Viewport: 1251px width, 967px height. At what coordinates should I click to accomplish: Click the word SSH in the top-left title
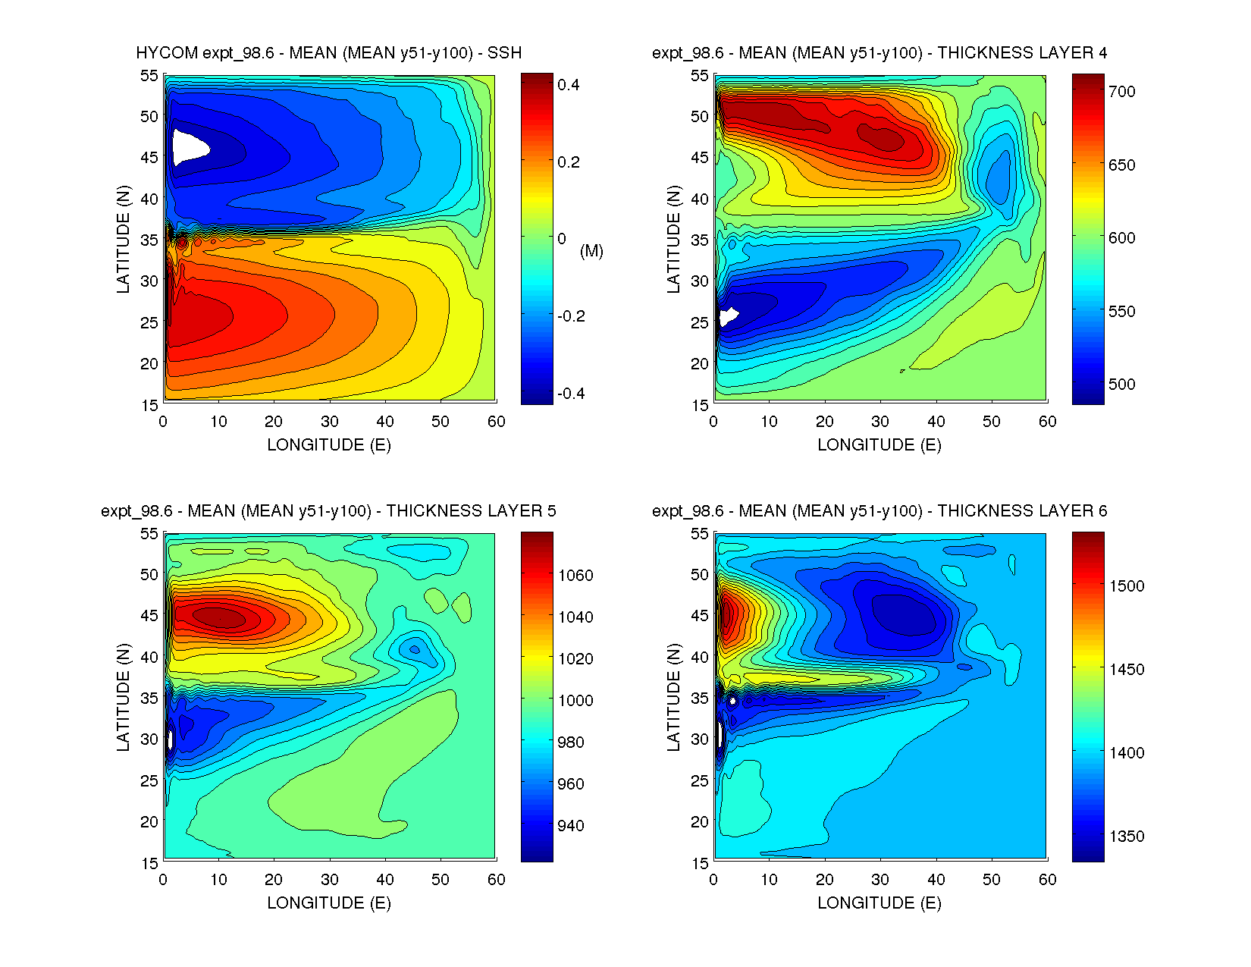[x=504, y=53]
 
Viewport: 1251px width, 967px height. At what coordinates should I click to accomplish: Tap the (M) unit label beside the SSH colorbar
[x=591, y=251]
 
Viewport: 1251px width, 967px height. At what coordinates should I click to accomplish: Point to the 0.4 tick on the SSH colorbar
[x=569, y=85]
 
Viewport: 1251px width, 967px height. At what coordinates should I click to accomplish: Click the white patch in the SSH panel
[x=188, y=146]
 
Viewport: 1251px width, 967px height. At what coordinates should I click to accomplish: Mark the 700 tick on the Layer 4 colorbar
[x=1121, y=92]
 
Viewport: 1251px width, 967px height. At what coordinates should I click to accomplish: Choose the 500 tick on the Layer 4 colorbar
[x=1121, y=385]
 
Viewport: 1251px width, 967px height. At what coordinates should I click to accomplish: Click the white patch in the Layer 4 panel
[x=729, y=316]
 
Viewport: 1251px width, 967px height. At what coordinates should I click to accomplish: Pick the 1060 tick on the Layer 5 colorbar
[x=575, y=576]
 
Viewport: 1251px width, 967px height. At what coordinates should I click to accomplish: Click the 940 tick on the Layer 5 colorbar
[x=571, y=826]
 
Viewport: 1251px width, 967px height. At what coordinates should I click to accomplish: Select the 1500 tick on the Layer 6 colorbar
[x=1126, y=586]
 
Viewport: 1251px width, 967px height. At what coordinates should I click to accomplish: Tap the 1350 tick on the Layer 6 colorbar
[x=1126, y=837]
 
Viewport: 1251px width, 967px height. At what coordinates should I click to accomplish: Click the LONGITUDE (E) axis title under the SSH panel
[x=329, y=445]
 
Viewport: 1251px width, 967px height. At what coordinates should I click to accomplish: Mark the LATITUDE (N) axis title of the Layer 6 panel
[x=673, y=698]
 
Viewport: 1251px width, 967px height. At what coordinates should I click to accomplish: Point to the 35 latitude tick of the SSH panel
[x=149, y=240]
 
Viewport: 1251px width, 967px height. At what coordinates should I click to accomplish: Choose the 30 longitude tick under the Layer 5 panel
[x=329, y=880]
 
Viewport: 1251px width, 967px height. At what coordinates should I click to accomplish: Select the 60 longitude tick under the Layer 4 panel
[x=1047, y=422]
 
